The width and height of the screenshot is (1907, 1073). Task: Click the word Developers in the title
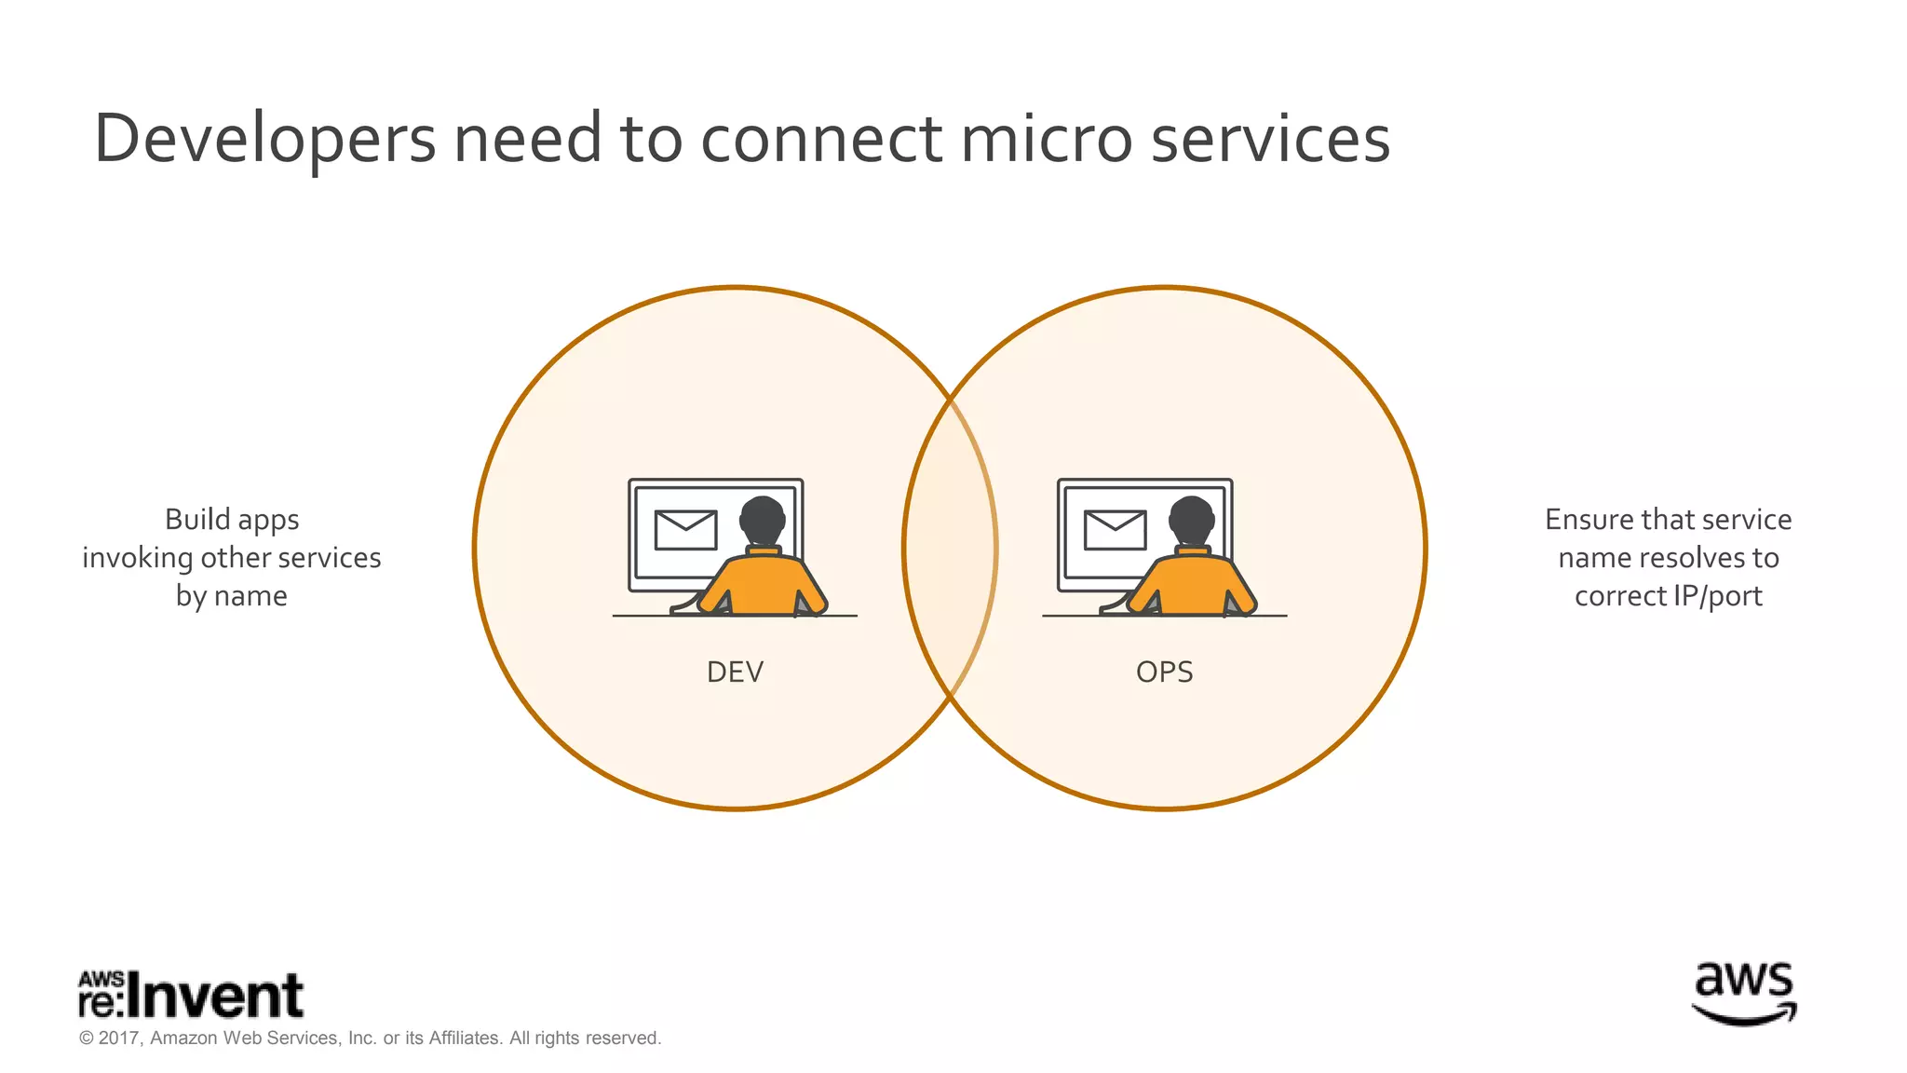coord(264,140)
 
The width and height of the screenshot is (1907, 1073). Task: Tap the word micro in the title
coord(1046,140)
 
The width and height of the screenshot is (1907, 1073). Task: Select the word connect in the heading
coord(820,140)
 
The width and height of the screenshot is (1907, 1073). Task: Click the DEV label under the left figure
coord(735,672)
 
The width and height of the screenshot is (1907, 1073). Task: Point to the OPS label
coord(1164,672)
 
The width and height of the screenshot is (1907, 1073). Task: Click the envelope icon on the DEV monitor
coord(685,530)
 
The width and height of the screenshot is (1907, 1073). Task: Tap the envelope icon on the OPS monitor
coord(1115,530)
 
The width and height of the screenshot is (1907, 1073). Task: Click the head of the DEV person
coord(763,520)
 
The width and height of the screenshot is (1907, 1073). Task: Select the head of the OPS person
coord(1192,520)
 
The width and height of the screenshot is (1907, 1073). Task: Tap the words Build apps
coord(232,520)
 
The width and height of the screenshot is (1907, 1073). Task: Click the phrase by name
coord(232,596)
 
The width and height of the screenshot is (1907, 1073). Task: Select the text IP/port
coord(1717,596)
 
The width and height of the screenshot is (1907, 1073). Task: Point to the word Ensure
coord(1589,520)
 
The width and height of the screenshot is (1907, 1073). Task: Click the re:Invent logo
coord(191,995)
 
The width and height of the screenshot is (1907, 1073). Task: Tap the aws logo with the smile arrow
coord(1743,995)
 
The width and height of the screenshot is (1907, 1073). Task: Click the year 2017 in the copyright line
coord(119,1038)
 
